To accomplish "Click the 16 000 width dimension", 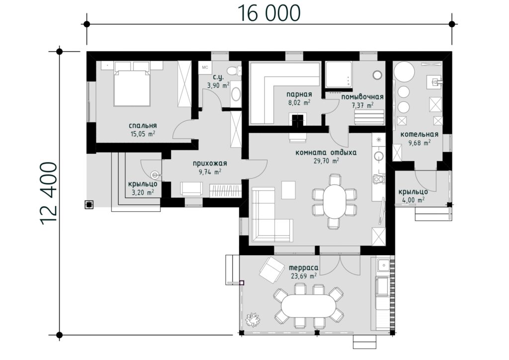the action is point(269,13).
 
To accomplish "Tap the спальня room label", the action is point(143,126).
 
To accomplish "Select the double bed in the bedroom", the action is point(132,84).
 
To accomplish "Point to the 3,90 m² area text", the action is point(218,86).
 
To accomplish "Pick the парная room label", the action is point(299,94).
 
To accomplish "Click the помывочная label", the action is point(362,97).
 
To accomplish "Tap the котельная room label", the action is point(419,134).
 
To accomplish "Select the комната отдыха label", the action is point(326,153).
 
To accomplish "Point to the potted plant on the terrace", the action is point(253,319).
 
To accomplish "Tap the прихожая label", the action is point(210,164).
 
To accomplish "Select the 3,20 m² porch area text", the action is point(143,192).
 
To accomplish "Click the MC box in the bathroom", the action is point(205,68).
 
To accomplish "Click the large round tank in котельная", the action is point(404,72).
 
